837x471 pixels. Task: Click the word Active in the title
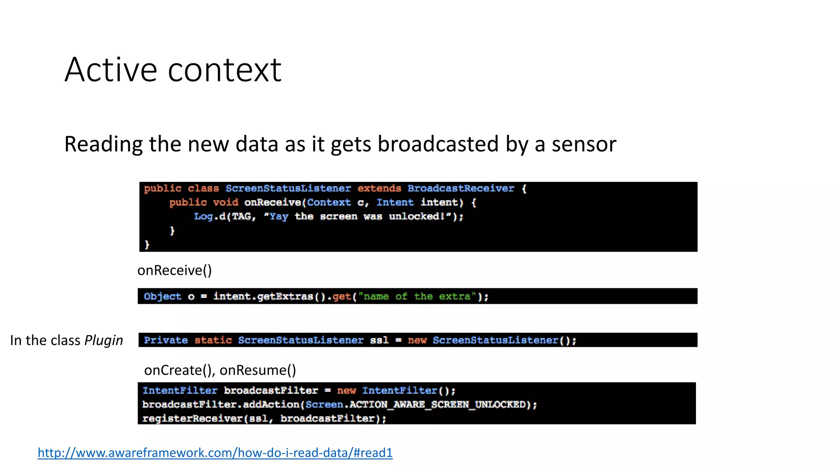110,70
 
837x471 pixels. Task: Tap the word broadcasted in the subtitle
438,144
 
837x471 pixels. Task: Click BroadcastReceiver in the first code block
461,188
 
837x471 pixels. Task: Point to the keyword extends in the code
379,188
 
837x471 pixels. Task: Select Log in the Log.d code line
203,216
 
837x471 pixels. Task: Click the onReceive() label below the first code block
175,270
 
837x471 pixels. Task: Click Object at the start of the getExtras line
162,296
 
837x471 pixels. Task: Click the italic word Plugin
103,340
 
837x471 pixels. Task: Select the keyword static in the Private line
213,340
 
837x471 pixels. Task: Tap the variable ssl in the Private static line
379,340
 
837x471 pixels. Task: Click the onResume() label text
257,370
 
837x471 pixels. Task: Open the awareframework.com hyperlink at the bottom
215,453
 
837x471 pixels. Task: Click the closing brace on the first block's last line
147,244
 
